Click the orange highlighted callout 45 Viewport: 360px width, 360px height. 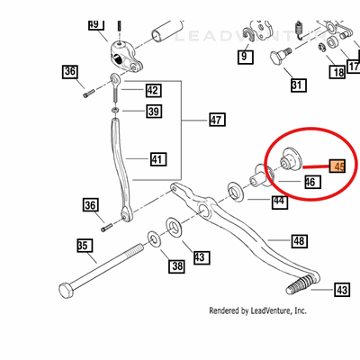click(337, 166)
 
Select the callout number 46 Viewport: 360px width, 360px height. click(310, 183)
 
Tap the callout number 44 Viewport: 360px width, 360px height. click(280, 202)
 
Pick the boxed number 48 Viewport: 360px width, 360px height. click(300, 240)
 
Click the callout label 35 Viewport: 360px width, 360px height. click(84, 244)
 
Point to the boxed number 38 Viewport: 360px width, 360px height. click(176, 265)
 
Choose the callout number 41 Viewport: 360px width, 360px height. click(157, 160)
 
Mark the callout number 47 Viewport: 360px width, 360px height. click(216, 119)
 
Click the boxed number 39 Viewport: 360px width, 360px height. click(154, 112)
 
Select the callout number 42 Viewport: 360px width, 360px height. click(153, 90)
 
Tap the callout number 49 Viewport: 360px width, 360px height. click(96, 24)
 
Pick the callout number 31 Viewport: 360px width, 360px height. click(297, 86)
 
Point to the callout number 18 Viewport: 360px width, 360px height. click(336, 72)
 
